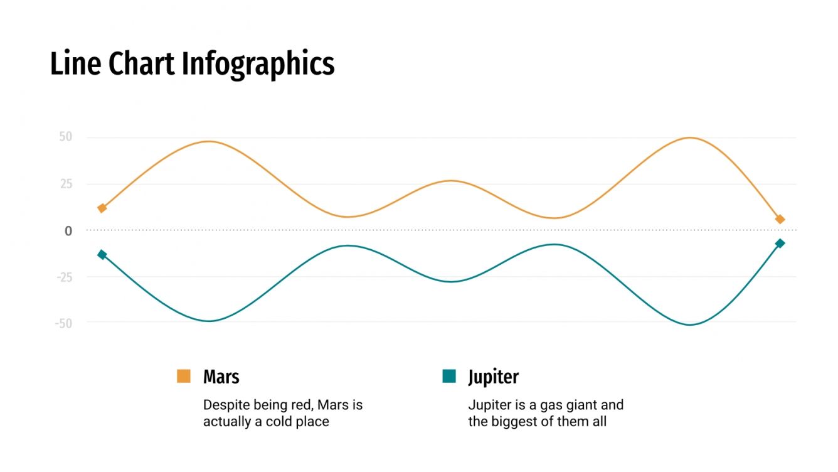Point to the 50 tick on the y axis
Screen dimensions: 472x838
click(66, 137)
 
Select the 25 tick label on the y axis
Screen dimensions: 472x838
click(66, 184)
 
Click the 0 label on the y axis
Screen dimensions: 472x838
click(68, 231)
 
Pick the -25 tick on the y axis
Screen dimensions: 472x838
click(63, 277)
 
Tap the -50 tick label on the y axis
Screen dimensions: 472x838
click(63, 323)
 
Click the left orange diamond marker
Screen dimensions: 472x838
click(102, 208)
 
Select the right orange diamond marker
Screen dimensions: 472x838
click(780, 219)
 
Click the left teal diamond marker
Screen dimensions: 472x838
click(102, 254)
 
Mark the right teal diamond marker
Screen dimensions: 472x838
click(780, 244)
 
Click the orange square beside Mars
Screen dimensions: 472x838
click(184, 376)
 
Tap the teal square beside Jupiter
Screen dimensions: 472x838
click(449, 376)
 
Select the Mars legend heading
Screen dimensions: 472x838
click(221, 377)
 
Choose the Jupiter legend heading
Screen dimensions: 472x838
click(493, 377)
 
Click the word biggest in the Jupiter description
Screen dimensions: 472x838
click(516, 421)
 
